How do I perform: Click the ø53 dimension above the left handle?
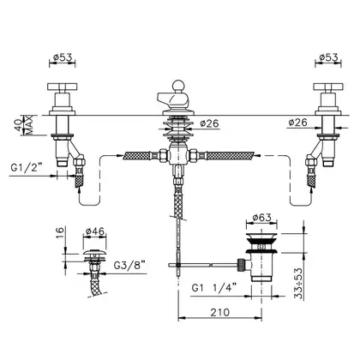pyautogui.click(x=63, y=57)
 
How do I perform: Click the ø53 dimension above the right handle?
pyautogui.click(x=328, y=57)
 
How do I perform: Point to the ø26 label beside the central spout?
pyautogui.click(x=209, y=123)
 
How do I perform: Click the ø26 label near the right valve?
pyautogui.click(x=297, y=123)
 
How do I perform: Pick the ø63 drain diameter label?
pyautogui.click(x=261, y=218)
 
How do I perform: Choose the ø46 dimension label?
pyautogui.click(x=95, y=231)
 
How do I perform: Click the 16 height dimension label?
pyautogui.click(x=59, y=234)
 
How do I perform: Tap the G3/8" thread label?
pyautogui.click(x=129, y=266)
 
